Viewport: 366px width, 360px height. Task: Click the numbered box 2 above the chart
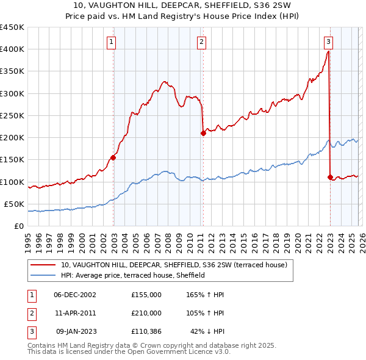point(201,41)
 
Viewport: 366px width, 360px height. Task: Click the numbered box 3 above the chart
point(328,41)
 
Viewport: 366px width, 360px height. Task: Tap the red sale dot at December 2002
point(113,157)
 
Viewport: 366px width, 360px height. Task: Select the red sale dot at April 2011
point(203,133)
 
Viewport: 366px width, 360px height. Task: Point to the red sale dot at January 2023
point(330,177)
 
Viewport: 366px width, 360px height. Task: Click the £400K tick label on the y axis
point(12,49)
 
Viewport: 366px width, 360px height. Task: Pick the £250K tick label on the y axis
point(12,115)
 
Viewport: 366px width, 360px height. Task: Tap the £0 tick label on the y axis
point(18,226)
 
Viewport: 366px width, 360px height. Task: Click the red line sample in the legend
point(44,265)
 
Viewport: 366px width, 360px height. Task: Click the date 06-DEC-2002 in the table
point(74,295)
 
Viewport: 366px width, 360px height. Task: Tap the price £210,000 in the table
point(146,313)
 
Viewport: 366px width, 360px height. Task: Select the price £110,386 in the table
point(146,331)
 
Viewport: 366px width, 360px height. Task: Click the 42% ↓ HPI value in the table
point(207,331)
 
